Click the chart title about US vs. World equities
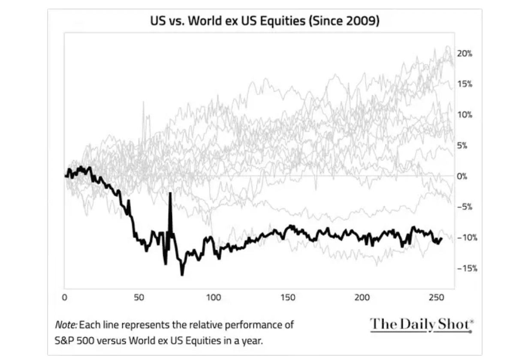265,21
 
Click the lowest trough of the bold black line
182,274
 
